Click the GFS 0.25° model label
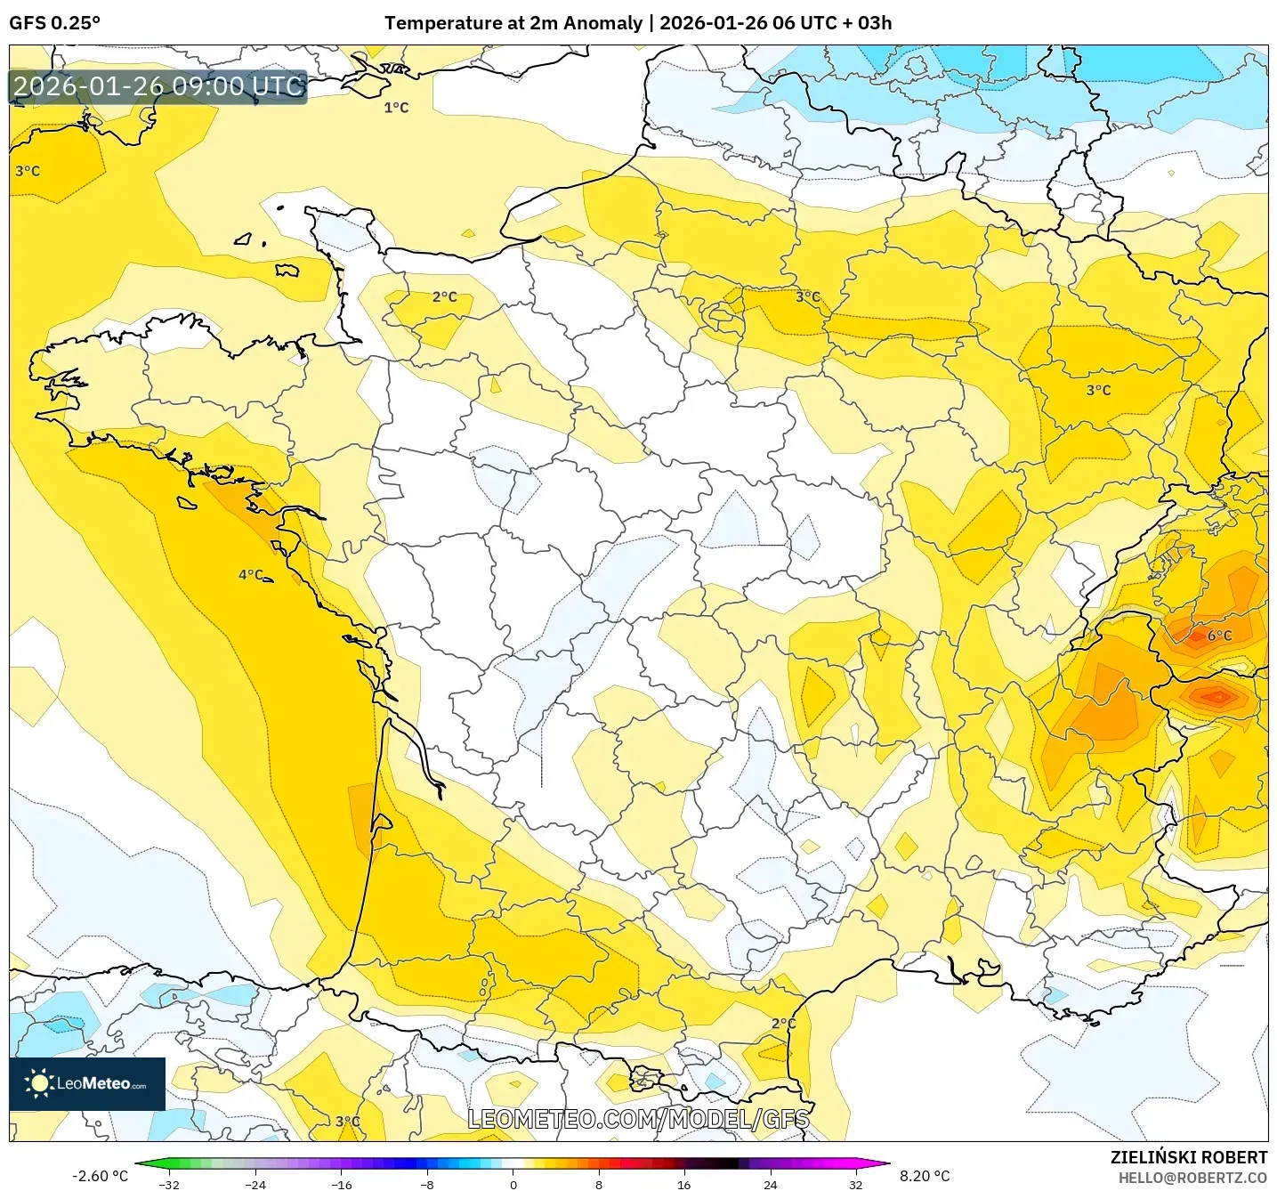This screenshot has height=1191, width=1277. coord(54,23)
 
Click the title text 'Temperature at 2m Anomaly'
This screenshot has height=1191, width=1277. coord(513,23)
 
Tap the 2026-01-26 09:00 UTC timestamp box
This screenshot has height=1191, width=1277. coord(158,86)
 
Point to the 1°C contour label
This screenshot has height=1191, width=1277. coord(396,108)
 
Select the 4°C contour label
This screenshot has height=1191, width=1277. coord(251,575)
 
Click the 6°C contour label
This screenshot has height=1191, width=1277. coord(1219,636)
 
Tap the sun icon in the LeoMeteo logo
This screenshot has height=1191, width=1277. coord(39,1083)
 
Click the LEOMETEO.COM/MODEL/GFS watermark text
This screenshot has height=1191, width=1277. coord(638,1119)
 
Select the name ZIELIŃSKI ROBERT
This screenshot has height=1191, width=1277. coord(1188,1157)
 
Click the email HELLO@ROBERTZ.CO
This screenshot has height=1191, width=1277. coord(1192,1178)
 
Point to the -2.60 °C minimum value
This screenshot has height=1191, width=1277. coord(100,1176)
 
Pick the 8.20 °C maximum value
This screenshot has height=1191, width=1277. coord(925,1176)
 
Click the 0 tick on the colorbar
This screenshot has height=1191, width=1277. coord(513,1185)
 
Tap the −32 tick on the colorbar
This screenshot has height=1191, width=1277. coord(168,1185)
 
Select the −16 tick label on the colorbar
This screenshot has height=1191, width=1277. coord(341,1185)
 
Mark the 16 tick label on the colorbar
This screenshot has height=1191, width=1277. coord(683,1185)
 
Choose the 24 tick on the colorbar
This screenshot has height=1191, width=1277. coord(770,1185)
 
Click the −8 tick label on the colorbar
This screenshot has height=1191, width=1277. coord(426,1185)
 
